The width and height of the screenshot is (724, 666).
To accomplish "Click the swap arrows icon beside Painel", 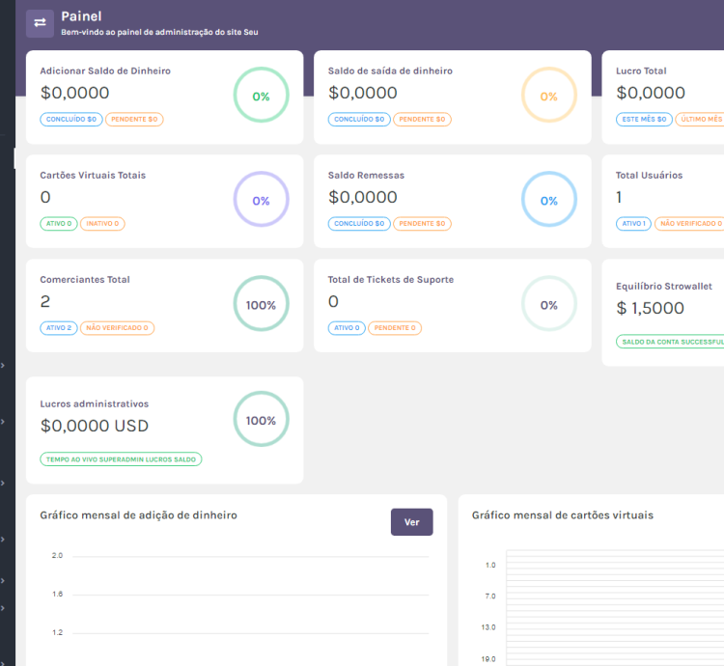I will (x=40, y=23).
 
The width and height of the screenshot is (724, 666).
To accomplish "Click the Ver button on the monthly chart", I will (x=411, y=522).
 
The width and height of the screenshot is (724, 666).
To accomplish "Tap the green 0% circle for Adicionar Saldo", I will (x=261, y=97).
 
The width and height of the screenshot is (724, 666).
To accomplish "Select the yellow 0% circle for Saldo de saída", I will (x=548, y=97).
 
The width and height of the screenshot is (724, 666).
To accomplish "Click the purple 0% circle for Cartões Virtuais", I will (x=261, y=201).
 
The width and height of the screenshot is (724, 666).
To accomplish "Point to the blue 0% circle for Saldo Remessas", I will (x=548, y=201).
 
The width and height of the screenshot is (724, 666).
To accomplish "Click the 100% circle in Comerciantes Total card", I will (x=261, y=305).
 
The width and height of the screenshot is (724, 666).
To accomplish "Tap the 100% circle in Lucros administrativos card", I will (x=261, y=421).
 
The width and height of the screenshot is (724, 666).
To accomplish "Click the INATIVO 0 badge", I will (x=102, y=224).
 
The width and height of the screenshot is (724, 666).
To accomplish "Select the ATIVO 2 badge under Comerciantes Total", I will (x=58, y=328).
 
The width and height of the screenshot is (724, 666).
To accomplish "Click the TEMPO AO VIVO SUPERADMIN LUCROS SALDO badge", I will (x=121, y=459).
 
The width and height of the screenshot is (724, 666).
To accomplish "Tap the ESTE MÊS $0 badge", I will (x=644, y=120).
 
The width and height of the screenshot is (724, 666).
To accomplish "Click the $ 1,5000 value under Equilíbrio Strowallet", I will (x=650, y=309).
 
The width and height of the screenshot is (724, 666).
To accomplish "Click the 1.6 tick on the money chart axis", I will (x=57, y=595).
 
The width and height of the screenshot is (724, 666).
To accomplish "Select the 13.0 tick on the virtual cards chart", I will (x=489, y=627).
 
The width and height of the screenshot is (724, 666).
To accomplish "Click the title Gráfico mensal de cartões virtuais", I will (x=562, y=515).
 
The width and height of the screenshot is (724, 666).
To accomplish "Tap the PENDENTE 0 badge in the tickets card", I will (x=394, y=328).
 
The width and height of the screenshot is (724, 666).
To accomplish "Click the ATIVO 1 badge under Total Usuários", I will (x=633, y=224).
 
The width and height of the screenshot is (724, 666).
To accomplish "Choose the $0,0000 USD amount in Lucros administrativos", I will (x=95, y=426).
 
